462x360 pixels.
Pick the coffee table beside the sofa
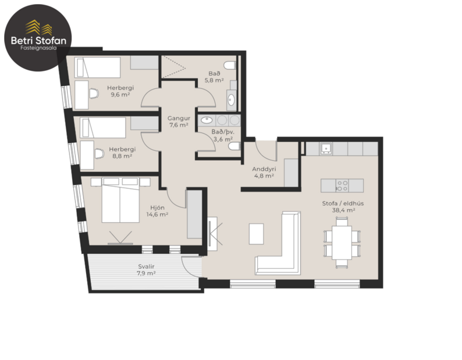tap(257, 233)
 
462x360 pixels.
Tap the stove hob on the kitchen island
tap(342, 185)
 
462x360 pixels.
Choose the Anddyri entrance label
tap(263, 169)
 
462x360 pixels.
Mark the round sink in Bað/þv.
tap(207, 120)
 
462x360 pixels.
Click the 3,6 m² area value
tap(222, 139)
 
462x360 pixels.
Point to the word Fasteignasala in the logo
tap(40, 49)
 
